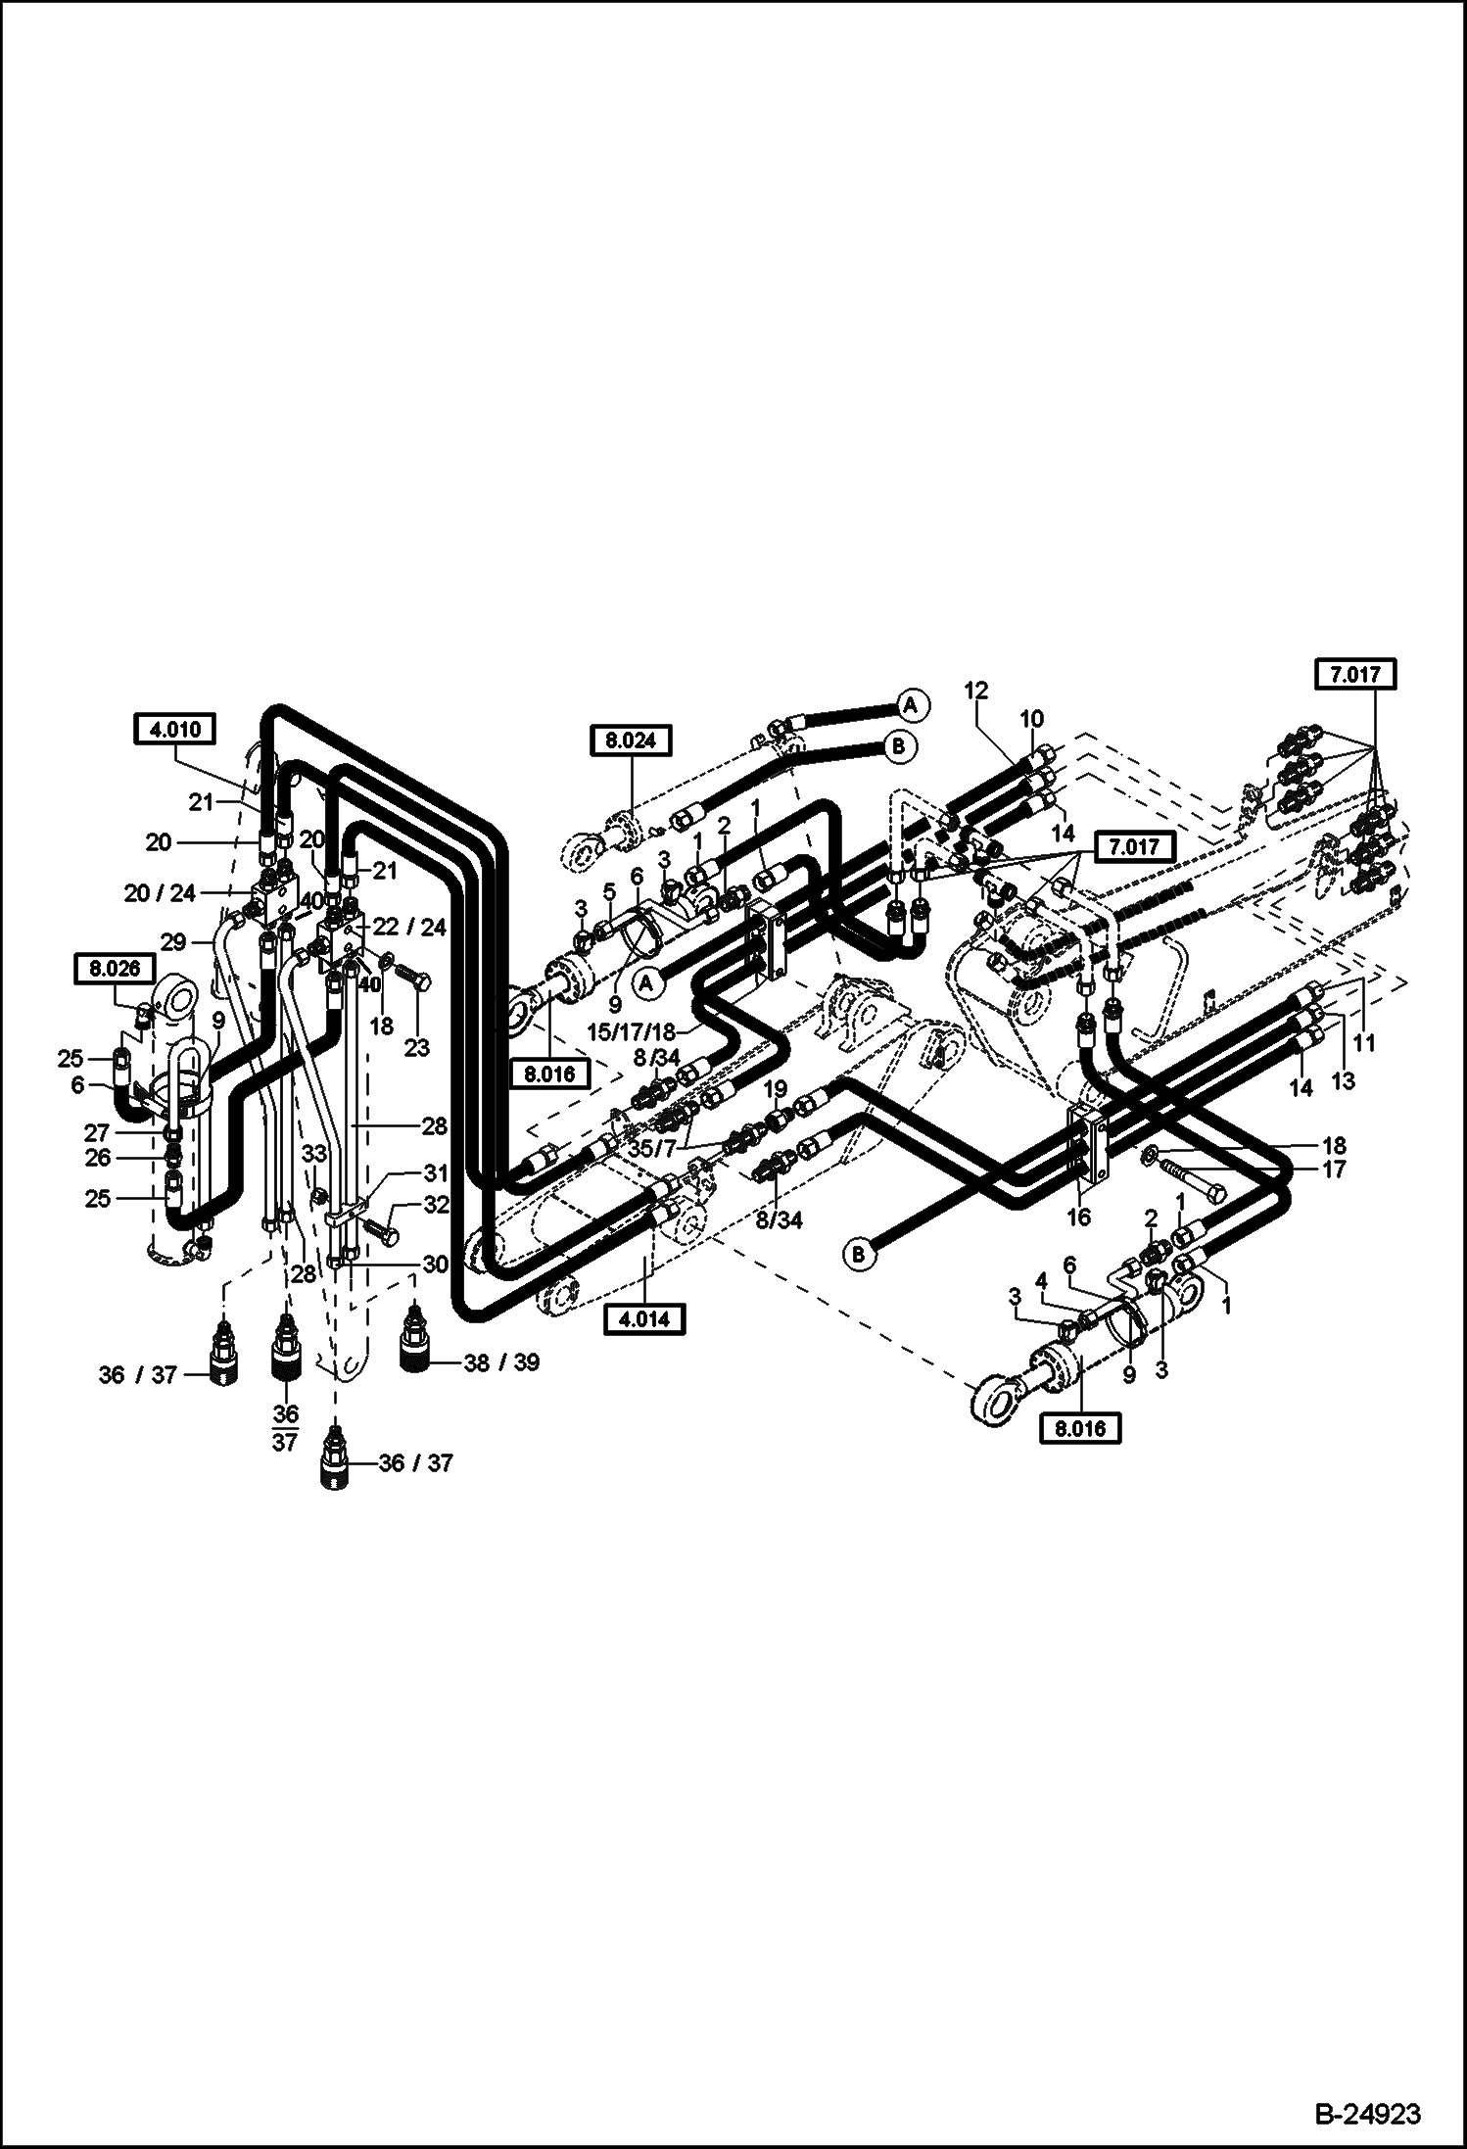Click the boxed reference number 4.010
click(175, 729)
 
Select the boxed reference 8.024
click(632, 740)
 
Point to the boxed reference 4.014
click(644, 1319)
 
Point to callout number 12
click(975, 691)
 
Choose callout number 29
click(173, 942)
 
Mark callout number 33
click(313, 1155)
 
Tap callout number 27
click(97, 1133)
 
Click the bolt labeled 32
click(383, 1233)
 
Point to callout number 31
click(436, 1172)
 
